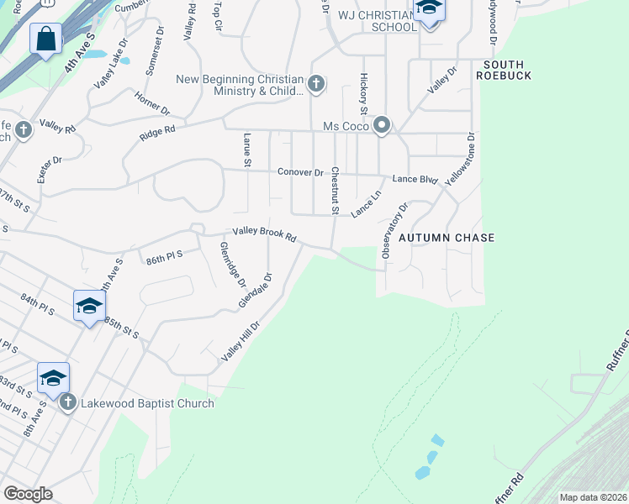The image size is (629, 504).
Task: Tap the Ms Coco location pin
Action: tap(382, 126)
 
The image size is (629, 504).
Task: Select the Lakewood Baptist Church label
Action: tap(147, 403)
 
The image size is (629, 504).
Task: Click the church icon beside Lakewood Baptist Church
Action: tap(69, 403)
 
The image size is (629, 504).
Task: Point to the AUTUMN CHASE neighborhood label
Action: tap(447, 238)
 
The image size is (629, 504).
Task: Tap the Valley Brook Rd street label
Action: tap(265, 236)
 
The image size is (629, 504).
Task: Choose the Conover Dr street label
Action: tap(300, 172)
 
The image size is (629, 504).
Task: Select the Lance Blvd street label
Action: tap(415, 179)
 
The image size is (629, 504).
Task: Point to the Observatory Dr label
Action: tap(394, 229)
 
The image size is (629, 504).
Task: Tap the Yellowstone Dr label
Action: tap(460, 159)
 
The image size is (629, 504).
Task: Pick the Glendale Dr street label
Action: tap(256, 290)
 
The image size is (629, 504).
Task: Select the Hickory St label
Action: tap(364, 93)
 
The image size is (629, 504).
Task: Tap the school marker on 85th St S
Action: tap(88, 306)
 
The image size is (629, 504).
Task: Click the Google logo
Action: tap(28, 494)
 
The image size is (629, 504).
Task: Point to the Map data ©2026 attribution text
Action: tap(592, 497)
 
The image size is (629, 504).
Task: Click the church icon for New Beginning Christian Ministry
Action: tap(316, 82)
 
